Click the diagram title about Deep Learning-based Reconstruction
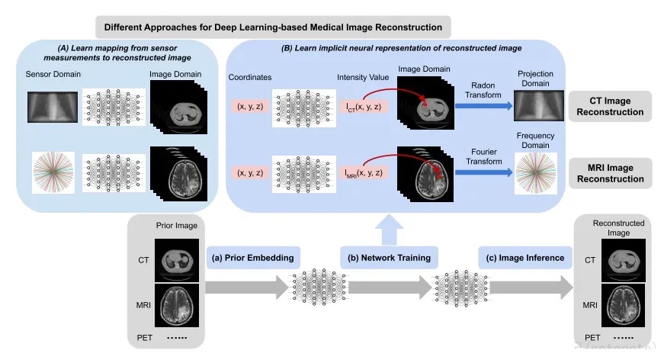[x=273, y=27]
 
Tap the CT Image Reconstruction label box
[x=610, y=106]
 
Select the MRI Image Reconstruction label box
[x=610, y=173]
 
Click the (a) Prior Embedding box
[x=253, y=258]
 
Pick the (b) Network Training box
[x=389, y=258]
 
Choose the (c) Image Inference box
[x=525, y=258]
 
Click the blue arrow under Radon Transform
[x=483, y=106]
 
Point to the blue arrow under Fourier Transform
[x=483, y=172]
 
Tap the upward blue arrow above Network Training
[x=389, y=230]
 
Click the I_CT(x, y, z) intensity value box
[x=364, y=107]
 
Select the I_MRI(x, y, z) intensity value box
[x=364, y=173]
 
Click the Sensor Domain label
[x=53, y=74]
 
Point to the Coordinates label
[x=250, y=77]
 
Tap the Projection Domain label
[x=535, y=79]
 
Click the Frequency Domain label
[x=535, y=140]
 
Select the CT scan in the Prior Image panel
[x=177, y=260]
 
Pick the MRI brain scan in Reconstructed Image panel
[x=624, y=305]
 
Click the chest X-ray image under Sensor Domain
[x=53, y=107]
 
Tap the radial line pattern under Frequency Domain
[x=536, y=173]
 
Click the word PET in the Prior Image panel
[x=144, y=338]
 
